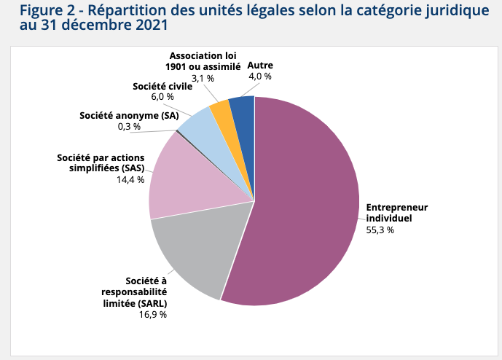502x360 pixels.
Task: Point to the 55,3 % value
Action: pos(380,230)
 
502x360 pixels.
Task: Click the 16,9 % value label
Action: pos(153,314)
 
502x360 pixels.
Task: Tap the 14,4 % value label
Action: pos(130,179)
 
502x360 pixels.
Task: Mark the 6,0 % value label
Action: pos(162,96)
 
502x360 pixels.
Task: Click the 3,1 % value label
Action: pos(203,77)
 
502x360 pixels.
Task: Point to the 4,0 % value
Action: pos(259,76)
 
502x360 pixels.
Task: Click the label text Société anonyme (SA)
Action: pos(128,115)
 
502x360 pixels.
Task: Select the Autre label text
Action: pos(260,65)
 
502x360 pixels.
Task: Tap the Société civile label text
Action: pos(162,85)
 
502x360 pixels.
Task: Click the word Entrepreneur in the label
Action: pos(396,207)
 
